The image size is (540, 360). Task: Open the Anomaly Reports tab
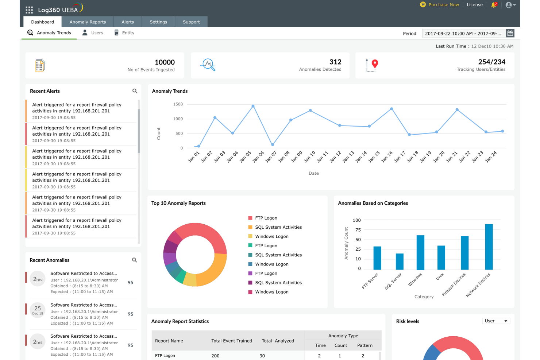(x=88, y=22)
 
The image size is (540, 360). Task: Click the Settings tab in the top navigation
(x=158, y=22)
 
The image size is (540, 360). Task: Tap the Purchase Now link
(x=443, y=5)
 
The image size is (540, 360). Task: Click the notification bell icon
(x=494, y=5)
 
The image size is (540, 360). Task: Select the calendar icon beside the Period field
(x=510, y=33)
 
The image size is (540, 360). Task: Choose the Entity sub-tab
(x=128, y=33)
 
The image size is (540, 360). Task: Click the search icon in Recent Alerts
(x=135, y=91)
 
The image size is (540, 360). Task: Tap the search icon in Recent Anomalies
(x=134, y=260)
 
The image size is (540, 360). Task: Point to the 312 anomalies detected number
(x=335, y=62)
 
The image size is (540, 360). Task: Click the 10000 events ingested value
(x=165, y=62)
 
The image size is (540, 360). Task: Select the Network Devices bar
(x=489, y=247)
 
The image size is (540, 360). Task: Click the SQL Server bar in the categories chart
(x=400, y=261)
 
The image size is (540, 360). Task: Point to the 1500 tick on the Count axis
(x=178, y=104)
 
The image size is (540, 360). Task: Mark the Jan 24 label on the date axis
(x=491, y=156)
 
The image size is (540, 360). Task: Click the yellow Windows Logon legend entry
(x=271, y=236)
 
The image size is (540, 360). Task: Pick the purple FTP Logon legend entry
(x=266, y=274)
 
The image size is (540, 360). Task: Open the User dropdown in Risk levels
(x=495, y=321)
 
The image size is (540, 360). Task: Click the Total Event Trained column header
(x=232, y=341)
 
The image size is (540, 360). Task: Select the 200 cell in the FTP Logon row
(x=215, y=356)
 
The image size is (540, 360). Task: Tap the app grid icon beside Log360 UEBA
(x=29, y=10)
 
